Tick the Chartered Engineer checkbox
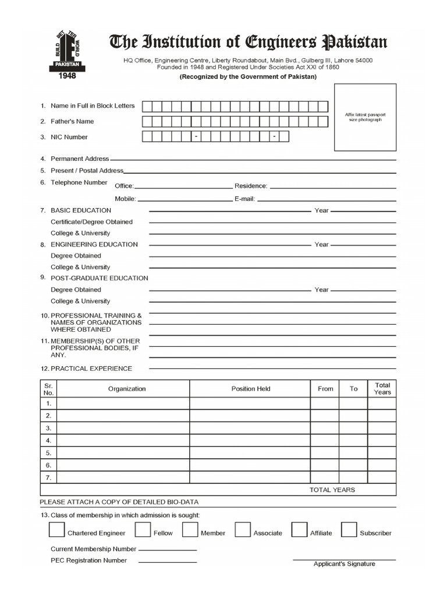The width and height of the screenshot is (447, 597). [56, 529]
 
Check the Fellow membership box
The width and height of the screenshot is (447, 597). [143, 529]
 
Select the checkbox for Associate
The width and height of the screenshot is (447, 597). [243, 529]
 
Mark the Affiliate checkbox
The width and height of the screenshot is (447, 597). [299, 529]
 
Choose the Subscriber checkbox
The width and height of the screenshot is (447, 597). [349, 529]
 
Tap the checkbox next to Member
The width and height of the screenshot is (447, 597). [190, 529]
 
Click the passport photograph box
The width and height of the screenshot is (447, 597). [365, 117]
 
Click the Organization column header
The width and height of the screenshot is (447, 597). [127, 389]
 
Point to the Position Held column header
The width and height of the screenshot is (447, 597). [251, 389]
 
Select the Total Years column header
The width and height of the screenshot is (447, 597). [382, 389]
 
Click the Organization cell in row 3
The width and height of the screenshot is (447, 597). [123, 428]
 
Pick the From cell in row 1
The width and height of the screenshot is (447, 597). [325, 403]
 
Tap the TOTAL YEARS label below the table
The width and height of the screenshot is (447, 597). [332, 490]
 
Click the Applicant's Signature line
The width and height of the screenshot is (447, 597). [344, 560]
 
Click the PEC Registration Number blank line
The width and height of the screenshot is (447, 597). [168, 562]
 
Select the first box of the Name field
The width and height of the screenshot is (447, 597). [147, 106]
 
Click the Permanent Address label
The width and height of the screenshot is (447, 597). [80, 159]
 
